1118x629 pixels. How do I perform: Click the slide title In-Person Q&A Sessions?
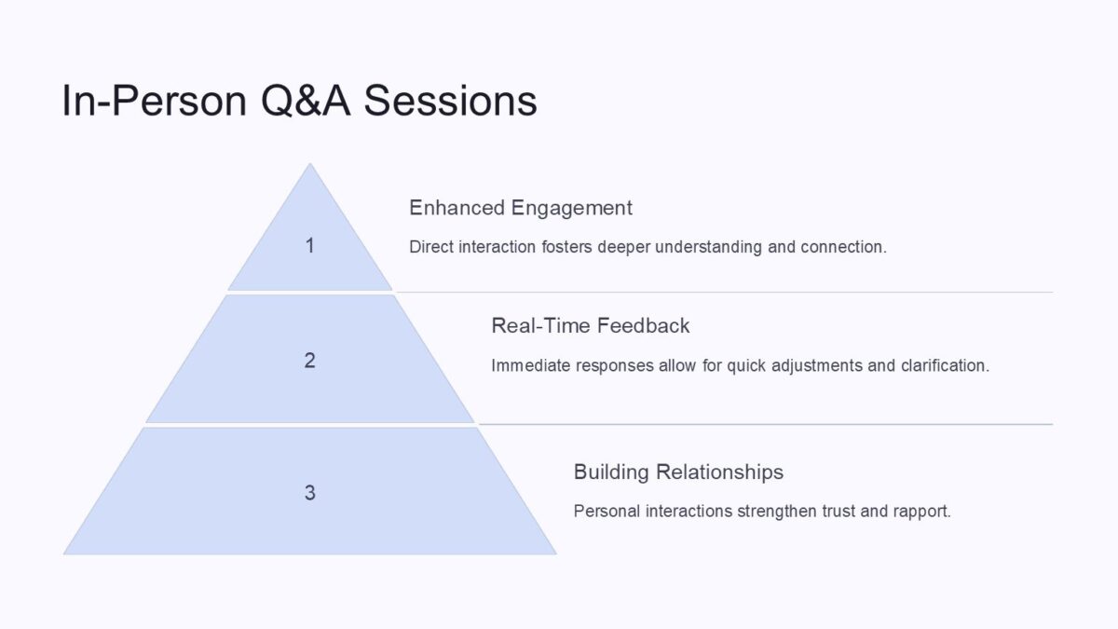(299, 101)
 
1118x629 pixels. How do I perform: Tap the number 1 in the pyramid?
(310, 246)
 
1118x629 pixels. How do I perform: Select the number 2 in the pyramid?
(310, 361)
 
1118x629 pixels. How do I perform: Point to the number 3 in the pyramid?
(310, 493)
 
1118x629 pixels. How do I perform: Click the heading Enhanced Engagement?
(521, 208)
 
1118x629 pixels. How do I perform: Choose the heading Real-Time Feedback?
(590, 326)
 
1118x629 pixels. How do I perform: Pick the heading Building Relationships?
(678, 472)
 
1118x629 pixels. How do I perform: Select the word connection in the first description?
(842, 247)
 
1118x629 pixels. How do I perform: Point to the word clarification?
(944, 365)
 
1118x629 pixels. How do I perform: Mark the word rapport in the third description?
(920, 512)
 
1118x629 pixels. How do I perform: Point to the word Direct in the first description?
(431, 247)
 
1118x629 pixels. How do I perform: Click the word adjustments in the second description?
(819, 365)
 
